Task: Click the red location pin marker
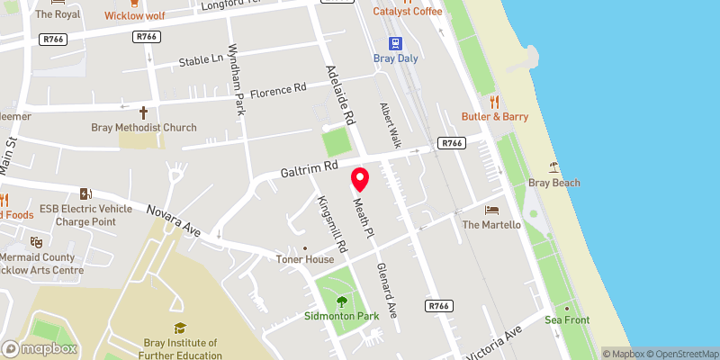pyautogui.click(x=361, y=178)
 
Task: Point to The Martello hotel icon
pyautogui.click(x=491, y=209)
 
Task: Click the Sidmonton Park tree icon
pyautogui.click(x=340, y=302)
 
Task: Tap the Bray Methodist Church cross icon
pyautogui.click(x=143, y=112)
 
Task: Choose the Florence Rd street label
pyautogui.click(x=278, y=91)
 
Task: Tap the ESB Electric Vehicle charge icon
pyautogui.click(x=85, y=193)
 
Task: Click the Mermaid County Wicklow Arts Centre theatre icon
pyautogui.click(x=36, y=241)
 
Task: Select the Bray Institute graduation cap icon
pyautogui.click(x=180, y=328)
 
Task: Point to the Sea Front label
pyautogui.click(x=566, y=319)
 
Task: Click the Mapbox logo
pyautogui.click(x=40, y=348)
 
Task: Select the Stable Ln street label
pyautogui.click(x=201, y=61)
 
